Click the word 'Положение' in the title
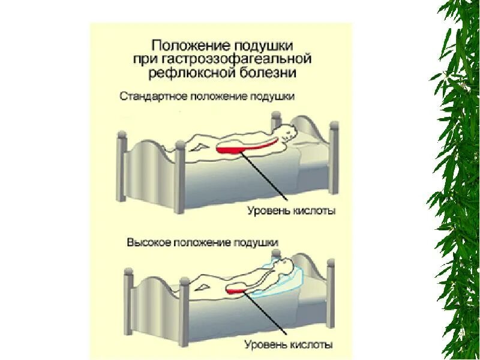coord(182,46)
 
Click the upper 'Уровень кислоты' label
coord(290,211)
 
